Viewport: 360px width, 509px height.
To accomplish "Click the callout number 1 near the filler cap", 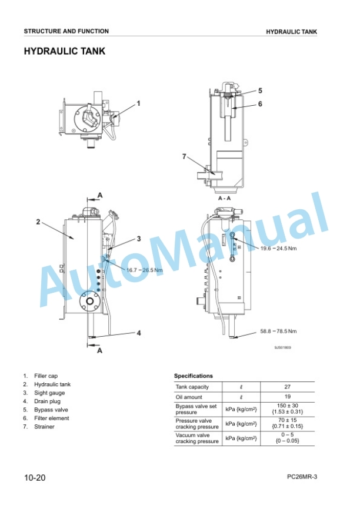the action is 138,103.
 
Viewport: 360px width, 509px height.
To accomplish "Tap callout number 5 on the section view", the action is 260,91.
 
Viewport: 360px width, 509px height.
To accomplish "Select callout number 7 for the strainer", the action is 184,157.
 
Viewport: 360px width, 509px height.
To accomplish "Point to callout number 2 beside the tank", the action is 38,222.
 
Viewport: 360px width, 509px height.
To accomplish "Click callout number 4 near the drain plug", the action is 139,333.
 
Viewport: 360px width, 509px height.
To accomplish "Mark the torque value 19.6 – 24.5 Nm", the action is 278,249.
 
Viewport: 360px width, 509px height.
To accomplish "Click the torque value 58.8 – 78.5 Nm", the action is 278,331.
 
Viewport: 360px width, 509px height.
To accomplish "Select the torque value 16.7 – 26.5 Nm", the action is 145,270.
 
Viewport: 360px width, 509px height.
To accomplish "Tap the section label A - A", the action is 224,198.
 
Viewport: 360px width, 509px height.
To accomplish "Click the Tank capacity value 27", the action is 287,387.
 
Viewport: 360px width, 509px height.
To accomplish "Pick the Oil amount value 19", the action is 287,397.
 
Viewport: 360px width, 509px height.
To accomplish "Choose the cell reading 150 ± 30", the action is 287,406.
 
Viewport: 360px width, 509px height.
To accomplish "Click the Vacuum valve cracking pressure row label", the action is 197,438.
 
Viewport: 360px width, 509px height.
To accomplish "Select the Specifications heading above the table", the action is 194,376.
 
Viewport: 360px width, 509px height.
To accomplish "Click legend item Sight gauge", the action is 49,393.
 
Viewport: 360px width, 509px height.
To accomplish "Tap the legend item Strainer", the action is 44,427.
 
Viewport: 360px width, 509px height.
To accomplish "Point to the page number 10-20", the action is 35,477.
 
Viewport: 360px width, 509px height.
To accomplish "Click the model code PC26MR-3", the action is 302,477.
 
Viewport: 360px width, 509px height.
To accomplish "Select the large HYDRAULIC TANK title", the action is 65,51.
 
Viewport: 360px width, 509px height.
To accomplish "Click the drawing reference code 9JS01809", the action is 283,347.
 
